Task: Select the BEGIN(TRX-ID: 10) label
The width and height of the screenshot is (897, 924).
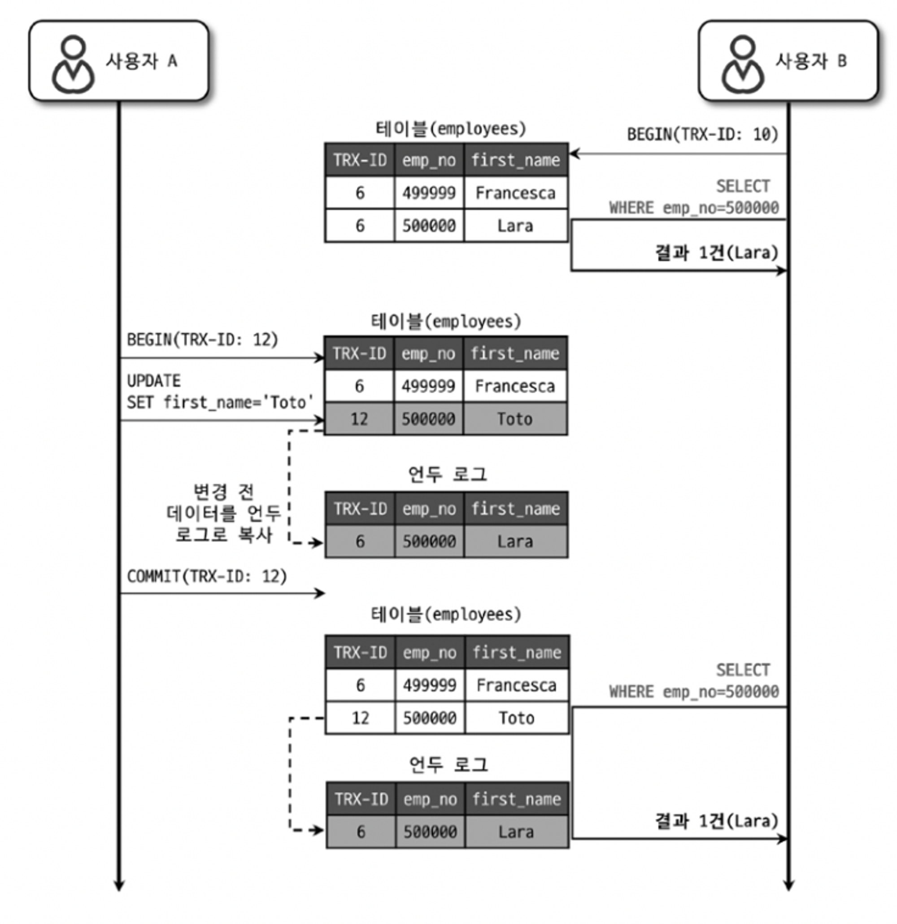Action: point(702,135)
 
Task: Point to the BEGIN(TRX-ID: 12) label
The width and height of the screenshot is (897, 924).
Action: point(202,340)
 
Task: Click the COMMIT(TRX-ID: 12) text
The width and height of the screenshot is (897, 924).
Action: point(206,576)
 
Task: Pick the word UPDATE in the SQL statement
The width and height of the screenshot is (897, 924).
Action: point(154,381)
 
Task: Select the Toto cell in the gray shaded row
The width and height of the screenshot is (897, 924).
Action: point(515,418)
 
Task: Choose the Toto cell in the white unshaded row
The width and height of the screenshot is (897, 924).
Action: point(517,718)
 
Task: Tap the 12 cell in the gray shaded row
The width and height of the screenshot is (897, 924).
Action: point(359,418)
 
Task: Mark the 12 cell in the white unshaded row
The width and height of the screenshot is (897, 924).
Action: point(360,718)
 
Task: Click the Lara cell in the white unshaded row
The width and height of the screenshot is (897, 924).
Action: point(515,226)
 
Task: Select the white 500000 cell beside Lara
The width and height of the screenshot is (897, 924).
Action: point(428,226)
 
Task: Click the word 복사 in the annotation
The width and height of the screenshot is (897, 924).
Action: point(255,535)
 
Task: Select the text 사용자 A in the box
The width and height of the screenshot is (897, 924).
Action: point(141,61)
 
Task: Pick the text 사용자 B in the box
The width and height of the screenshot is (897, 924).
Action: point(811,61)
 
